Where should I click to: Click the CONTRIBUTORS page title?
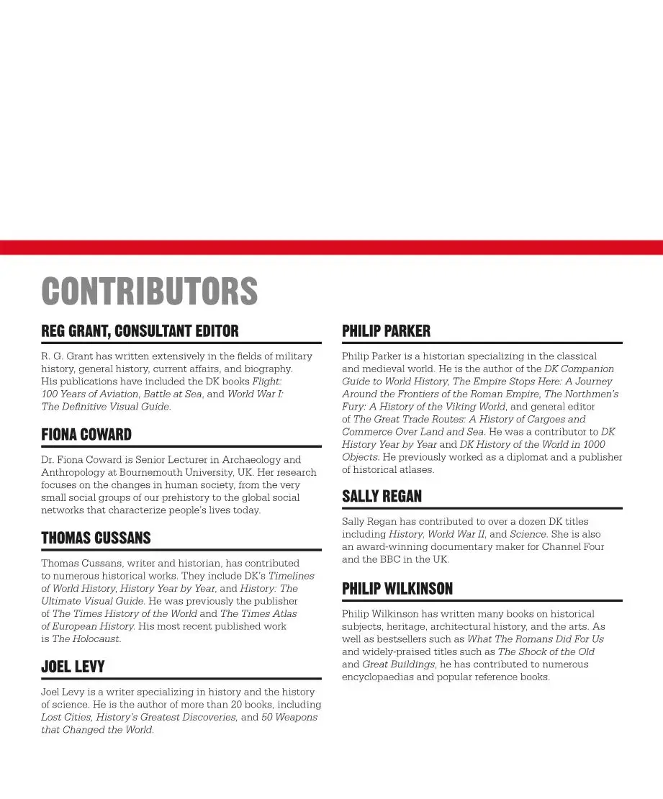pos(149,291)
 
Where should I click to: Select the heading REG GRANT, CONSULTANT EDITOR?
pos(140,331)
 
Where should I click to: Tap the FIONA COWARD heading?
pos(86,435)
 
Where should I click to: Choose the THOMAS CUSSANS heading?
pos(96,538)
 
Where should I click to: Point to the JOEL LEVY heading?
pos(73,667)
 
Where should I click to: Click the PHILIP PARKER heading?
pos(386,331)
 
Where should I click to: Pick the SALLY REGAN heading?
pos(382,497)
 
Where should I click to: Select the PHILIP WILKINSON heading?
pos(397,589)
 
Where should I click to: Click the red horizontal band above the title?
pos(331,247)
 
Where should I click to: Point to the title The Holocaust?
pos(86,638)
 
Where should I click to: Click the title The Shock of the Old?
pos(546,651)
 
